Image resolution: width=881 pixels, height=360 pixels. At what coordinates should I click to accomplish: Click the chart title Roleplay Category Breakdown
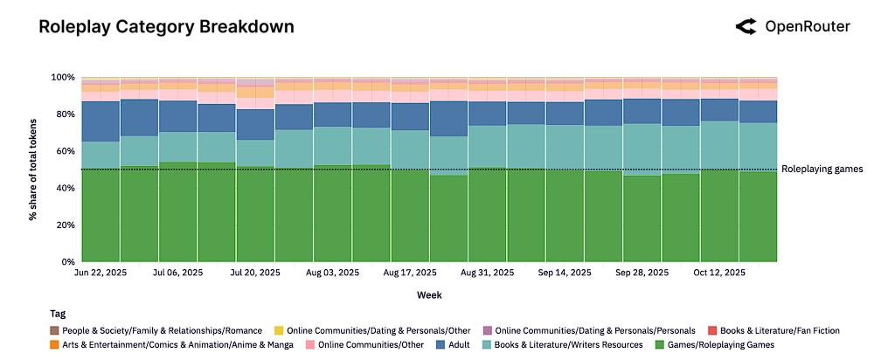pos(166,27)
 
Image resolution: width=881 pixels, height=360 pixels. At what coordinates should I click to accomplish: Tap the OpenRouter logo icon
pos(746,27)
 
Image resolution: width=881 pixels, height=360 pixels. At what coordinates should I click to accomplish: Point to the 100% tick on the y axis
pos(64,77)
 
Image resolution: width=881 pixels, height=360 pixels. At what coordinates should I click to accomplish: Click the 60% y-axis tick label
pos(66,151)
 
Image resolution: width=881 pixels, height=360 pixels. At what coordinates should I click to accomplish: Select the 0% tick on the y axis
pos(69,261)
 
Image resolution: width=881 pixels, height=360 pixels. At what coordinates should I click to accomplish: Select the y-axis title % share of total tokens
pos(33,170)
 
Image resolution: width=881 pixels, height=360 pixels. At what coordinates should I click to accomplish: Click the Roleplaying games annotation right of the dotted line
pos(822,170)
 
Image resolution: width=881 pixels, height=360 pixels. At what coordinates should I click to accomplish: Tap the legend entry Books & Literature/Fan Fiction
pos(774,331)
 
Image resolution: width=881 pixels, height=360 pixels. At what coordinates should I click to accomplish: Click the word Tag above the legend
pos(57,314)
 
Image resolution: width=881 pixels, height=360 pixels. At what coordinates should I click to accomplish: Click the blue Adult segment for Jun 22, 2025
pos(101,121)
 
